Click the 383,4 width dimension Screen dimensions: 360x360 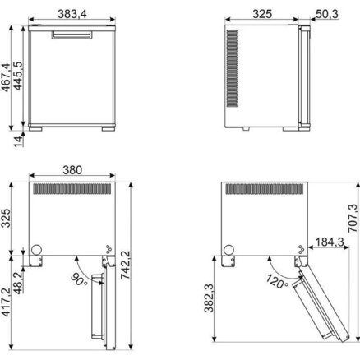[x=72, y=13]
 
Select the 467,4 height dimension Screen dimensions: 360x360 [x=6, y=77]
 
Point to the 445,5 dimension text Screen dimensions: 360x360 [x=18, y=76]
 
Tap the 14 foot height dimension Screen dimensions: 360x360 [x=19, y=141]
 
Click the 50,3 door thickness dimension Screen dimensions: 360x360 [x=327, y=14]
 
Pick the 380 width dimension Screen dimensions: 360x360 [x=72, y=170]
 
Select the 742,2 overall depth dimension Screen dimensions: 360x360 [x=126, y=265]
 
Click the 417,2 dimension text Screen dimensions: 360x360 [x=6, y=302]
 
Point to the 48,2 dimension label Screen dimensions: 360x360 [x=18, y=283]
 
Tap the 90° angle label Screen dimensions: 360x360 [x=79, y=279]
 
